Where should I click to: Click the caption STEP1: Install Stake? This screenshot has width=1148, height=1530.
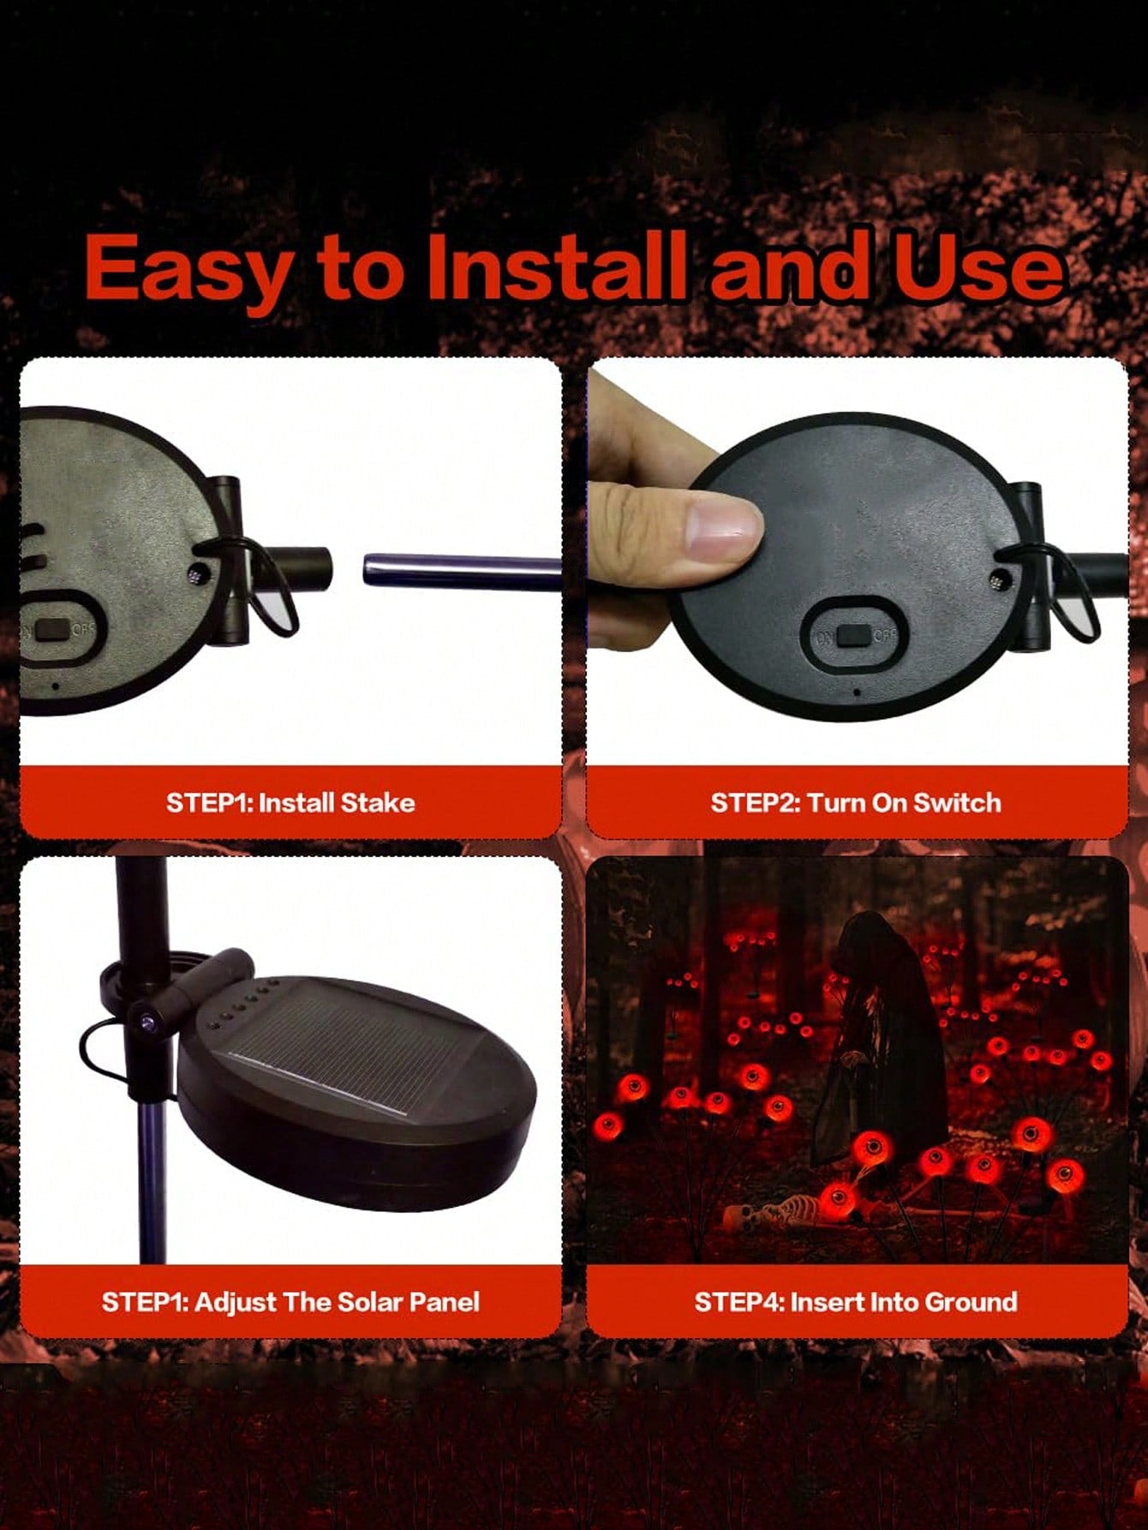click(290, 802)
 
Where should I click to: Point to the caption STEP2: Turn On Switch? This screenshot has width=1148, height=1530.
click(856, 802)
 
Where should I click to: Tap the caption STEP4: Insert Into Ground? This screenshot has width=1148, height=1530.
click(856, 1301)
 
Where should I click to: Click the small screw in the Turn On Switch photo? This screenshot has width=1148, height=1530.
click(997, 580)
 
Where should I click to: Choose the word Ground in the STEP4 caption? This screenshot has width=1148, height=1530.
click(972, 1301)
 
